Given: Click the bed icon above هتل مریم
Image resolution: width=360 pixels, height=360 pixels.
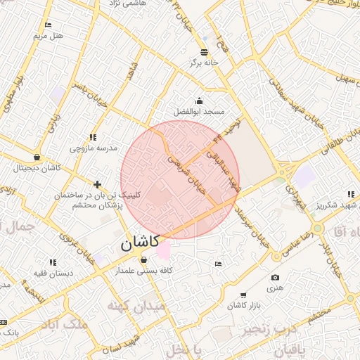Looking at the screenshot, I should point(48,25).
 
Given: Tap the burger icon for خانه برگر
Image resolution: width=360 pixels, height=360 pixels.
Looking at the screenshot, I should point(204,52).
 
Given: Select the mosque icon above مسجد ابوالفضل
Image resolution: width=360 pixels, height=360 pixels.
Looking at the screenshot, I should point(199,101).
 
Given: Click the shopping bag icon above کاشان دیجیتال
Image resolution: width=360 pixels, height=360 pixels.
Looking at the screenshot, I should point(36,157).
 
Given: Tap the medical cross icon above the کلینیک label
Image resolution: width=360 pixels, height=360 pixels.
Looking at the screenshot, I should point(97,184).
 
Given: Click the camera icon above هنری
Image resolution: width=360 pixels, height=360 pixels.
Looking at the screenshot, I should point(275,278).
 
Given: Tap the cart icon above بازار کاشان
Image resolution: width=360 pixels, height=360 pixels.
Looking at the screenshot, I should point(243,295).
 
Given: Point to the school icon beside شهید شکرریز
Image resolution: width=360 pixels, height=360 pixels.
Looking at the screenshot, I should point(350,194).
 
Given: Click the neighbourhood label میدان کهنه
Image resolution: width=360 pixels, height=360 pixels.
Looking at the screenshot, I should point(136,307).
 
